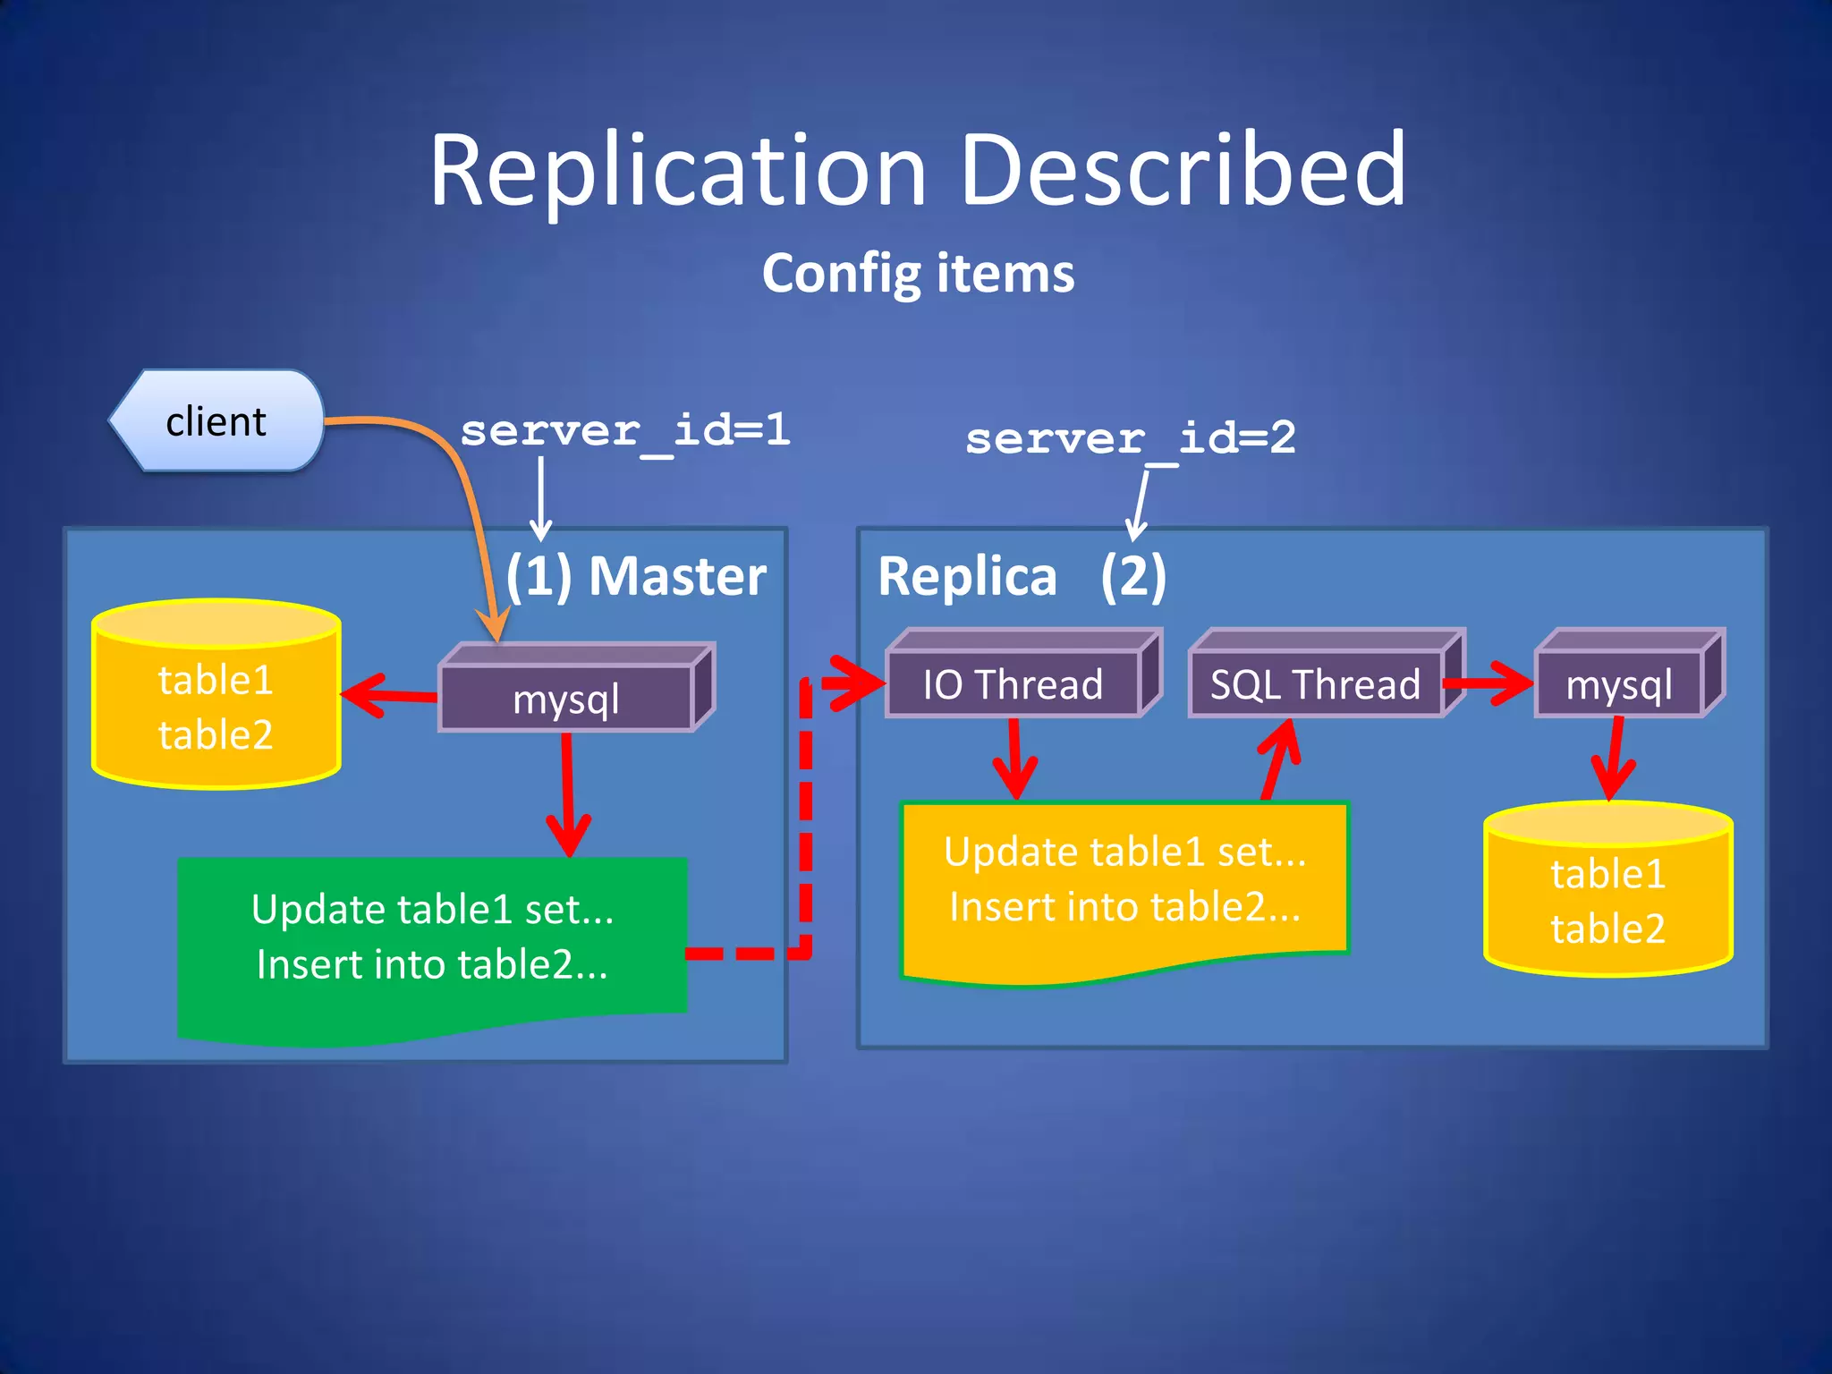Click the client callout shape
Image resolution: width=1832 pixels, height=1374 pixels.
point(216,420)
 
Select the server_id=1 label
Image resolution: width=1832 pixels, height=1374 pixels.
point(624,431)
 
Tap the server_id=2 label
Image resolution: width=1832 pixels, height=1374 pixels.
point(1130,438)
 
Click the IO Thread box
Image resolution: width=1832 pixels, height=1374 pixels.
point(1013,684)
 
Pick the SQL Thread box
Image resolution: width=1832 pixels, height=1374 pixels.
point(1315,684)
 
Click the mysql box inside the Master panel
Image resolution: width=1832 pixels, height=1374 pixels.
point(566,699)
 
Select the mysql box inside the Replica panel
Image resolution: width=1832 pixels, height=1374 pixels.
point(1619,684)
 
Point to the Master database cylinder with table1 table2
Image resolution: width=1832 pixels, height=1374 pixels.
point(216,707)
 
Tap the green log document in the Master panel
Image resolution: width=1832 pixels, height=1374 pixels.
point(432,939)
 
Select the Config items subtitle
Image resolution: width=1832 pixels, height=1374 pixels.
point(918,273)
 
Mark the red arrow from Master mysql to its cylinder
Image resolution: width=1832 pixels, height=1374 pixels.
point(389,695)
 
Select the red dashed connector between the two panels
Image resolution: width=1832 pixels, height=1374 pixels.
point(806,823)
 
